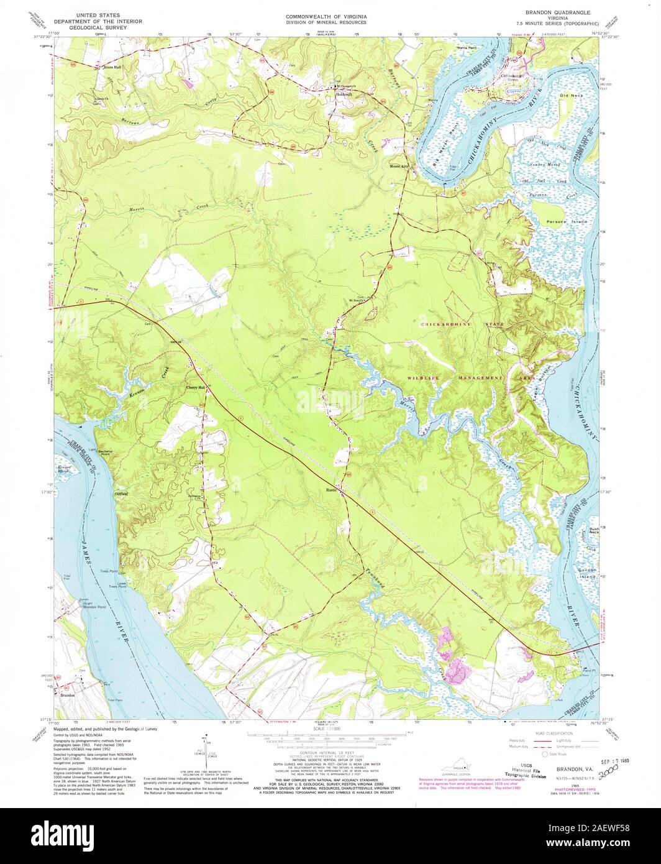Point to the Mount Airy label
(399, 167)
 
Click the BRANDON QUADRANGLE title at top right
(557, 12)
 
